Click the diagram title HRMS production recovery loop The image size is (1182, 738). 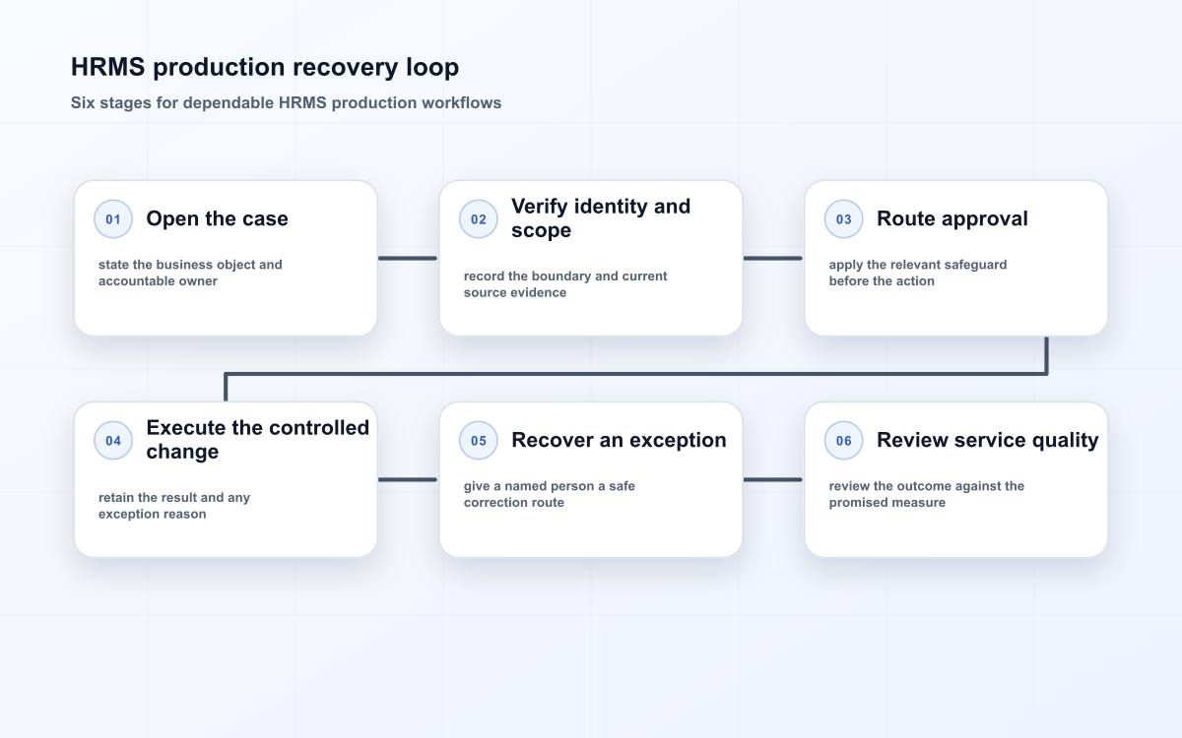coord(265,68)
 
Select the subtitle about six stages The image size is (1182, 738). coord(286,102)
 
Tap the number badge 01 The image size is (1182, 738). coord(113,218)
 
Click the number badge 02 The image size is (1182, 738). coord(478,218)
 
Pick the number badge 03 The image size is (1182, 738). coord(843,218)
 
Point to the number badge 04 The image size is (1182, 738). coord(113,440)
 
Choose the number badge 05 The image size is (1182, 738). coord(478,440)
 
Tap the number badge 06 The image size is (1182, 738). coord(843,440)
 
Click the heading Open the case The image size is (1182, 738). coord(218,218)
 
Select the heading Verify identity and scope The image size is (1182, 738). coord(601,218)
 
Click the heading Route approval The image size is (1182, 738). coord(952,218)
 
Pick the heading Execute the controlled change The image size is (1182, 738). coord(258,440)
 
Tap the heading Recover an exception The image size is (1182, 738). coord(619,440)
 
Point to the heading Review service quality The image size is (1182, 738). coord(988,440)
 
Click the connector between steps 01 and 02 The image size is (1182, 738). coord(408,258)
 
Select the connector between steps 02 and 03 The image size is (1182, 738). coord(773,258)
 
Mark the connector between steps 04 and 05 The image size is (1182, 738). coord(408,480)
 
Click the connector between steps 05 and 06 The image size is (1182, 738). coord(773,480)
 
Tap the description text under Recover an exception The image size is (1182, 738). coord(550,494)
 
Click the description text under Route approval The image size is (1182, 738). coord(918,273)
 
